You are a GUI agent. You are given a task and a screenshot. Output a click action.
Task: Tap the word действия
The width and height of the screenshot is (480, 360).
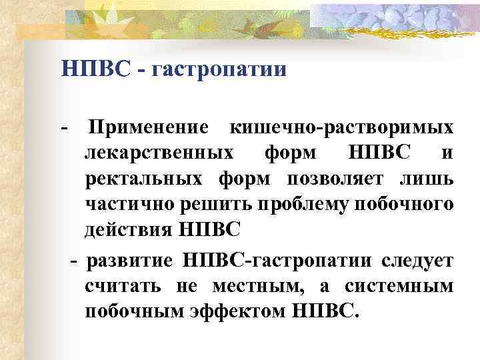pyautogui.click(x=128, y=229)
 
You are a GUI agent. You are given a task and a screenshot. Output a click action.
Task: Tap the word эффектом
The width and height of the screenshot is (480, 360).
pyautogui.click(x=235, y=311)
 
